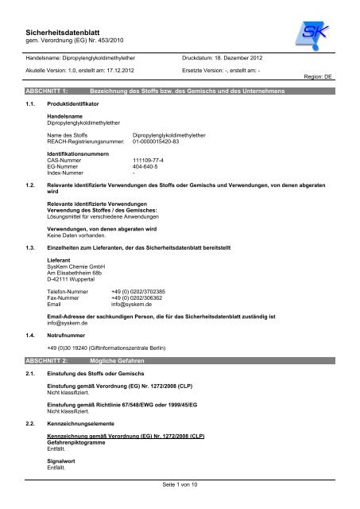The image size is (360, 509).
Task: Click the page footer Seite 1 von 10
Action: click(x=180, y=484)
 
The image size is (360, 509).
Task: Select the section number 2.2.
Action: click(x=33, y=413)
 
